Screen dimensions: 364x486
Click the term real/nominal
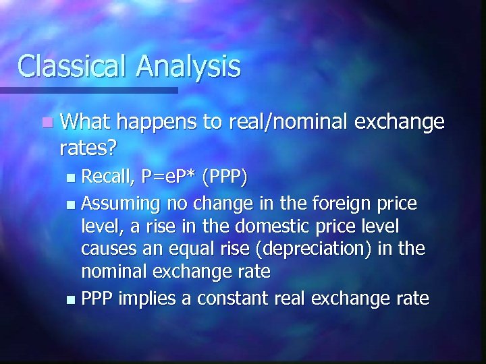pos(288,122)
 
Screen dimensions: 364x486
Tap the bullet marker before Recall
pos(73,179)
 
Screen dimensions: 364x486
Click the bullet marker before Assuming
pos(73,204)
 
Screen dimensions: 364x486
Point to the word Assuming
pos(120,204)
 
